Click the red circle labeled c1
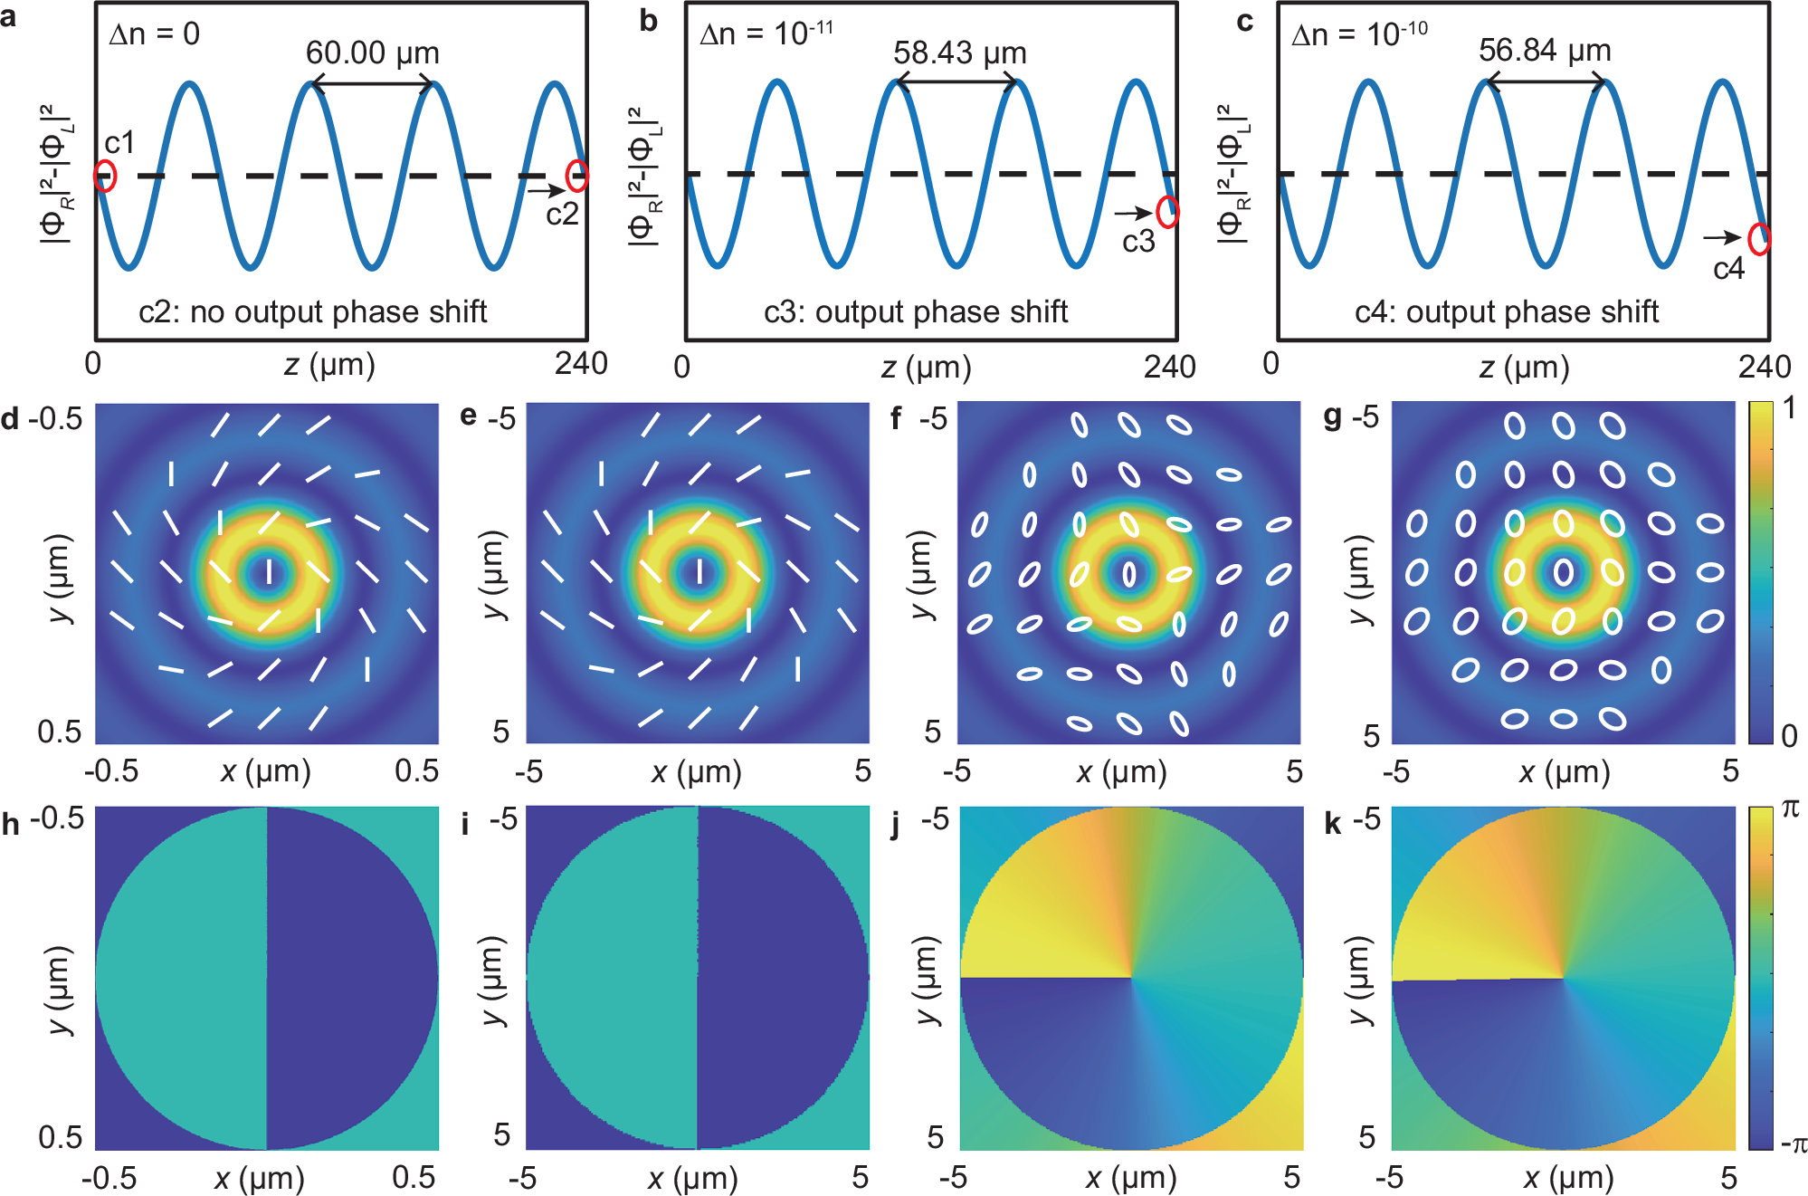(106, 176)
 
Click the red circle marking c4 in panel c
(1758, 239)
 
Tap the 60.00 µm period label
(372, 53)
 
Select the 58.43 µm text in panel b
(959, 53)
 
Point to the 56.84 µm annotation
(1545, 50)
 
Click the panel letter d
(10, 419)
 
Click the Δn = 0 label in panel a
(154, 34)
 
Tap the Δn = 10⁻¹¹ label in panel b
(766, 34)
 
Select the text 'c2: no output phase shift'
(312, 311)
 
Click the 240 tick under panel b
(1169, 367)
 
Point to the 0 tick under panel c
(1270, 364)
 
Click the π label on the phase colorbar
(1790, 808)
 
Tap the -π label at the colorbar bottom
(1792, 1144)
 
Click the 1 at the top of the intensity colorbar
(1789, 408)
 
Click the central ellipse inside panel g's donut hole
(1563, 572)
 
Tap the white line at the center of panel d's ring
(268, 572)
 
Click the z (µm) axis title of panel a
(329, 366)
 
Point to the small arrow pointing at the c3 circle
(1132, 214)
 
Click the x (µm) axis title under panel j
(1130, 1178)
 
